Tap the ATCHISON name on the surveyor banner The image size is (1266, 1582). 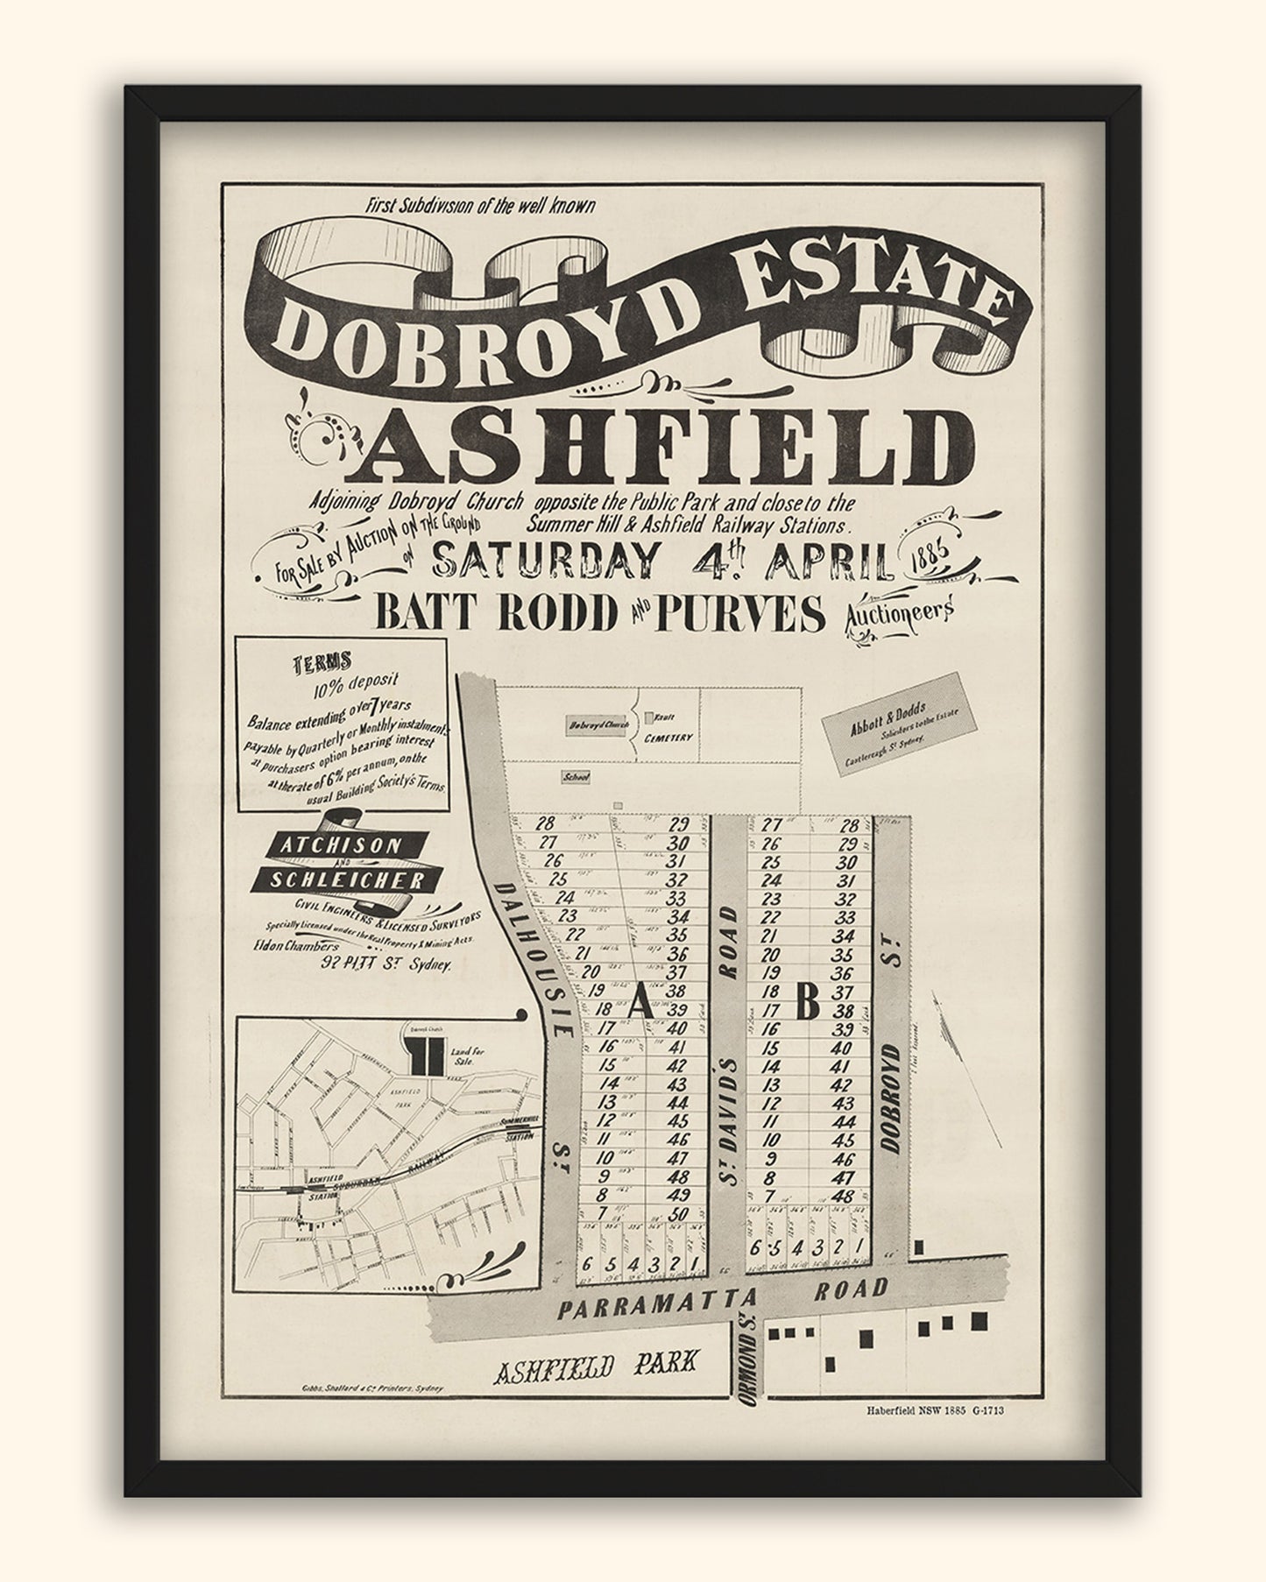coord(329,845)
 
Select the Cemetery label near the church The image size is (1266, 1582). coord(669,738)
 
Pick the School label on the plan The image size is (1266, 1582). coord(576,776)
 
